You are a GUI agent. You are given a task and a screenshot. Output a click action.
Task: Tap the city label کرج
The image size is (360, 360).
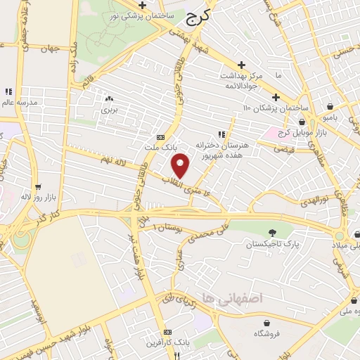[x=199, y=20]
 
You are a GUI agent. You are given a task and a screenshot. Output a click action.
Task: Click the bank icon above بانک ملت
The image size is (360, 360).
[x=161, y=137]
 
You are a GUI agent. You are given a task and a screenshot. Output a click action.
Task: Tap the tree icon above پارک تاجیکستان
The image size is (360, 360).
[x=272, y=233]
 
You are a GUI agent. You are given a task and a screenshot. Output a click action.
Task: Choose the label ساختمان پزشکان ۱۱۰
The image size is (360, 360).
[x=276, y=108]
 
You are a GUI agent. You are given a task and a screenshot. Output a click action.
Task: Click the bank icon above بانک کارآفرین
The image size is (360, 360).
[x=167, y=332]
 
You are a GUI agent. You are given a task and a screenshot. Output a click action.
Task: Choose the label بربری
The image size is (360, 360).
[x=108, y=110]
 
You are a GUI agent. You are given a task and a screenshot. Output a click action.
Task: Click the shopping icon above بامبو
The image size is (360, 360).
[x=330, y=106]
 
